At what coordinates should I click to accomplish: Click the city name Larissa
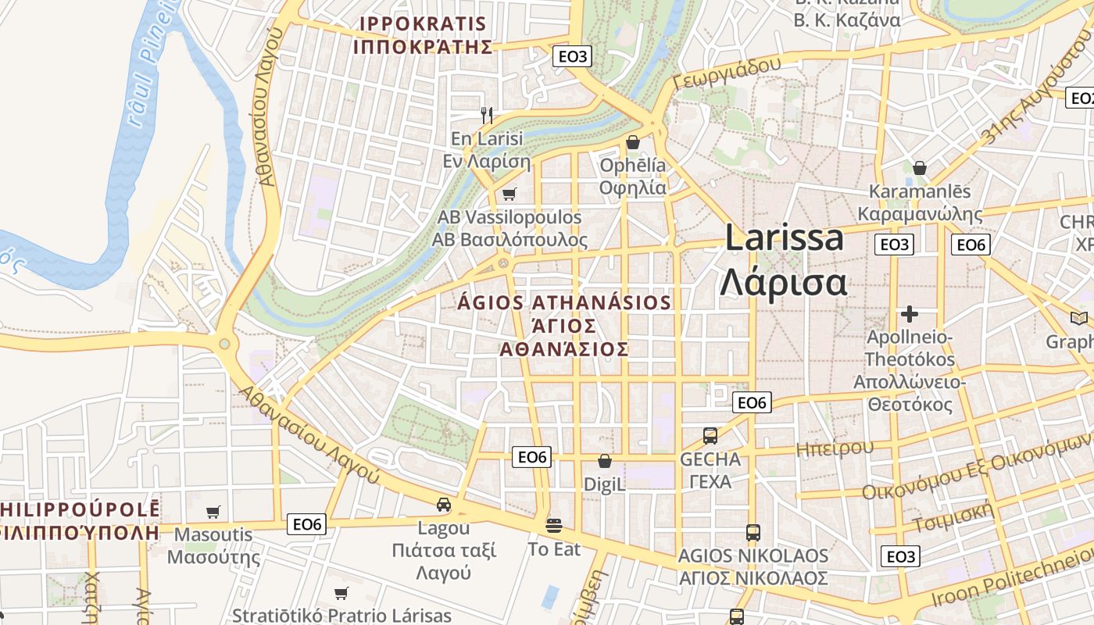click(x=784, y=238)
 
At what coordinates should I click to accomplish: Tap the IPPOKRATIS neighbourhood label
click(x=423, y=35)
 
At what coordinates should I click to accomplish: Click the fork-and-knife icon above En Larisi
click(x=487, y=116)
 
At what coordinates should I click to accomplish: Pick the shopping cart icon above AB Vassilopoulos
click(x=509, y=194)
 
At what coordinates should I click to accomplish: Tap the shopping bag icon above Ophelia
click(x=633, y=142)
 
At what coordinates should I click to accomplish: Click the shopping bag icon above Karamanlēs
click(x=920, y=168)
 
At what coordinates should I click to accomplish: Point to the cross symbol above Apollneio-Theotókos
click(x=909, y=314)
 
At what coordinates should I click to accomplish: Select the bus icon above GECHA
click(x=710, y=436)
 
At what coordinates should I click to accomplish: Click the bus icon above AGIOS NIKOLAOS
click(x=753, y=533)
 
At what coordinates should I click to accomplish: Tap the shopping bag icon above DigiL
click(x=604, y=462)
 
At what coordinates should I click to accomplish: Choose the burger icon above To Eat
click(x=554, y=526)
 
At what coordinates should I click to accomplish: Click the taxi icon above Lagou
click(x=443, y=505)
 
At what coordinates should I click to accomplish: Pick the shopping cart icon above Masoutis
click(x=213, y=512)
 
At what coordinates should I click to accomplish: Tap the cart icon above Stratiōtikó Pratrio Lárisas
click(x=341, y=593)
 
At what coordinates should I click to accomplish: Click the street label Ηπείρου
click(x=835, y=448)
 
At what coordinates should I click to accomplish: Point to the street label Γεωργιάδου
click(x=727, y=73)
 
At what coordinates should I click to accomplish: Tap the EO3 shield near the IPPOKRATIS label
click(x=572, y=56)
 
